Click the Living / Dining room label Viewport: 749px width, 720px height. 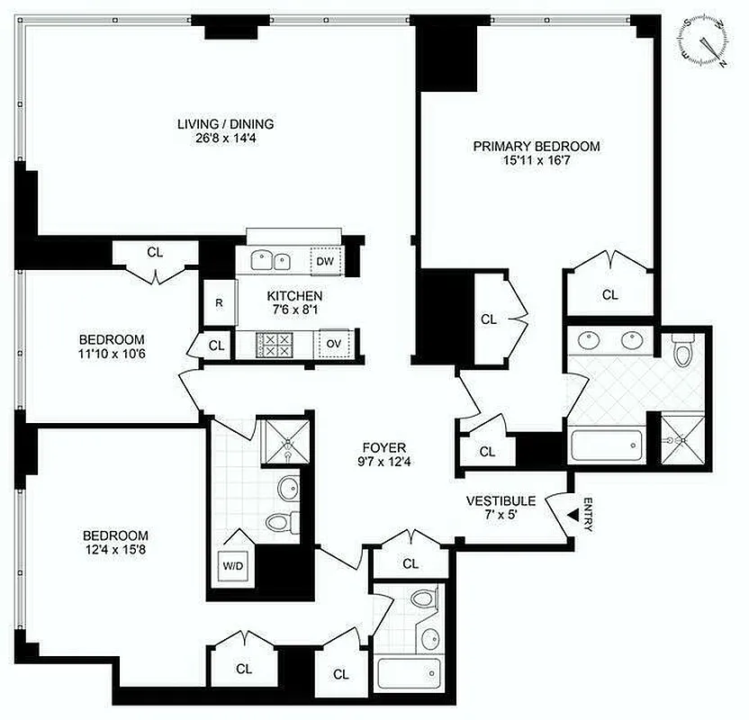[x=225, y=124]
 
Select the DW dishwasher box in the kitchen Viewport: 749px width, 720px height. [x=325, y=262]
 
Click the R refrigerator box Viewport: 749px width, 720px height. [x=218, y=302]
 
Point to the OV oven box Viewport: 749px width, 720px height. [x=333, y=344]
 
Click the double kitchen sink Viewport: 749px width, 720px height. [x=269, y=261]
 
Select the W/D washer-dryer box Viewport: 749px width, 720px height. [x=232, y=566]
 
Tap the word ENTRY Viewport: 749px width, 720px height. [x=588, y=515]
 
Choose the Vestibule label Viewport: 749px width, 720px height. [x=501, y=500]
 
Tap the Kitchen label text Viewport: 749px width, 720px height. [x=294, y=295]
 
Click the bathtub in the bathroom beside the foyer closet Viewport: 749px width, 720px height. [x=410, y=673]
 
